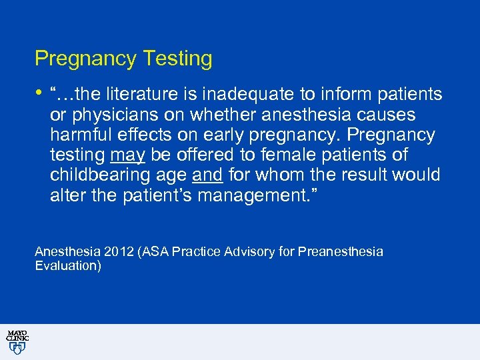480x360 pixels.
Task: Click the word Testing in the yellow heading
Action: point(175,59)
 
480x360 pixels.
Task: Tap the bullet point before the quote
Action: point(39,92)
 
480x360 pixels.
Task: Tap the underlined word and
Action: point(207,175)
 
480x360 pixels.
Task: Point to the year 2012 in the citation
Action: point(117,252)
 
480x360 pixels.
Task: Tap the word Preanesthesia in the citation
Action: point(341,252)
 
